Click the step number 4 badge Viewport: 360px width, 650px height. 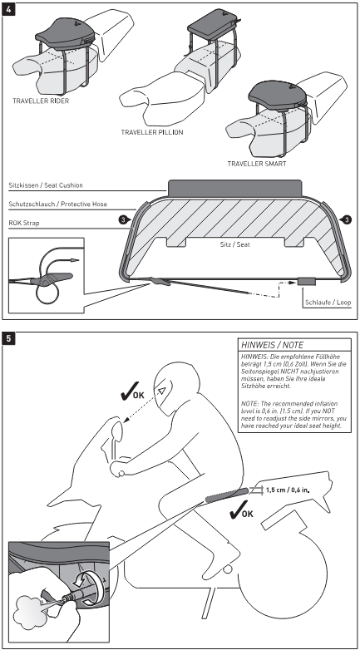tap(9, 8)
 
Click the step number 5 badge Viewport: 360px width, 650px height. tap(9, 339)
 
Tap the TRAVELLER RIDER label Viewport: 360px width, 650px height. tap(42, 100)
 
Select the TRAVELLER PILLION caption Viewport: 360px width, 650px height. tap(152, 131)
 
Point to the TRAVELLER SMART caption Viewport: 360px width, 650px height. tap(256, 163)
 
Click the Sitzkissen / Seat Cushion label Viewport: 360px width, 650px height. tap(49, 185)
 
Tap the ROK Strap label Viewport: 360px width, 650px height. tap(26, 223)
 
